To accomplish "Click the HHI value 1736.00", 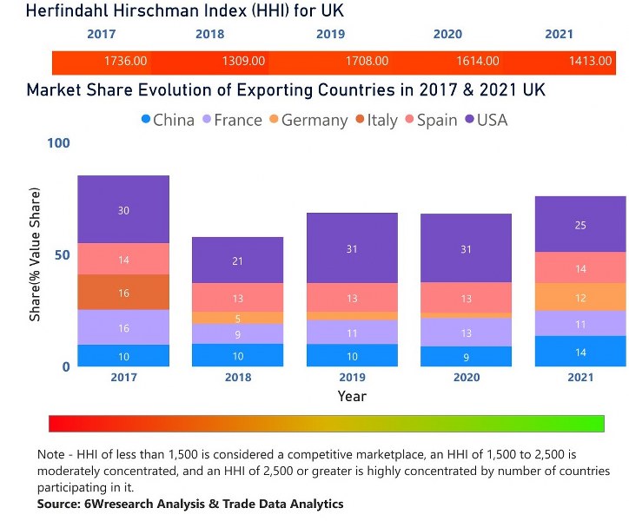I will click(125, 61).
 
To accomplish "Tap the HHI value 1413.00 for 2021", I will click(593, 61).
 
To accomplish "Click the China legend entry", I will click(168, 120).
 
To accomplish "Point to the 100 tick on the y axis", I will click(57, 143).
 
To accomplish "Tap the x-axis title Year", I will click(352, 396).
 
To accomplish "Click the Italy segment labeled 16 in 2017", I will click(123, 293).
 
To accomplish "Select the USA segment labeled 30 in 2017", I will click(123, 210).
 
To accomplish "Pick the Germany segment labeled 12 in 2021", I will click(580, 297).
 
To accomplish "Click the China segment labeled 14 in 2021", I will click(580, 352).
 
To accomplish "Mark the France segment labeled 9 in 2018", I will click(238, 334).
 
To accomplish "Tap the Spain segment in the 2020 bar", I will click(466, 298).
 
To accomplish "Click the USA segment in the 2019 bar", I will click(351, 249).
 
